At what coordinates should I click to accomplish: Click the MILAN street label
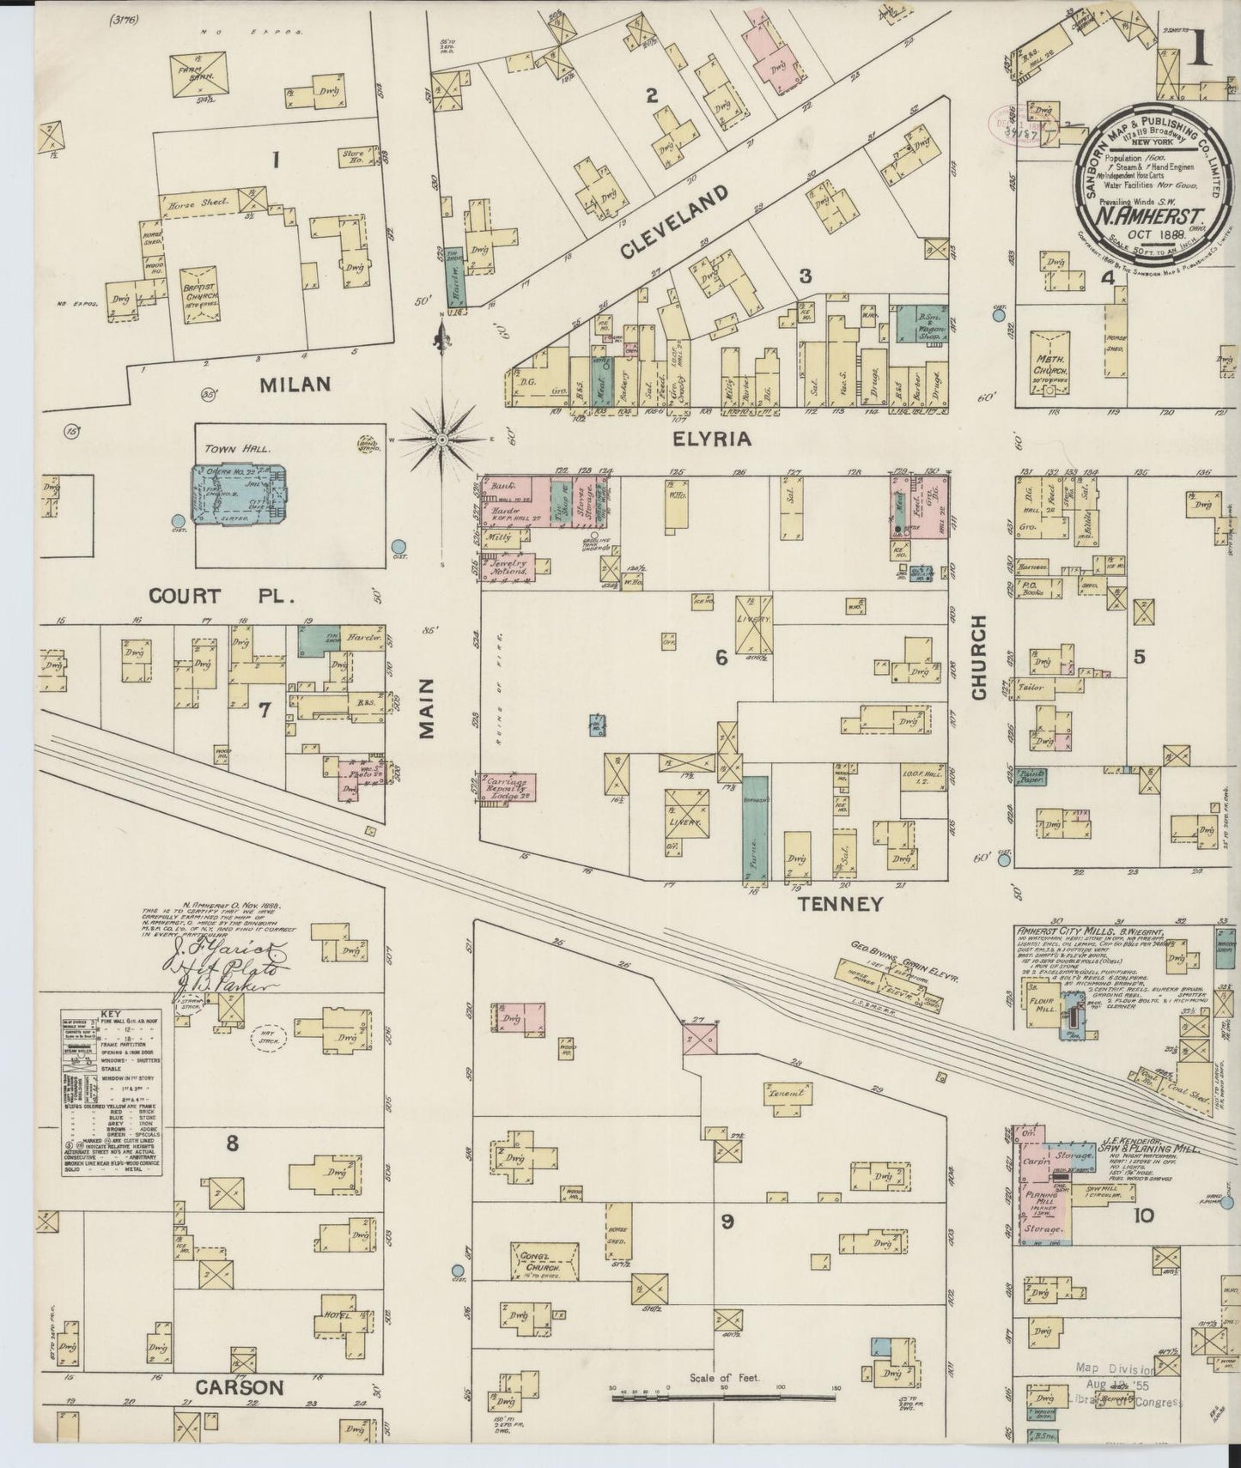tap(295, 384)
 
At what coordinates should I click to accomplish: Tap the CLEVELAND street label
tap(674, 221)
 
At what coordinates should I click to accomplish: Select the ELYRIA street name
tap(712, 439)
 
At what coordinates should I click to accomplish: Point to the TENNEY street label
tap(840, 903)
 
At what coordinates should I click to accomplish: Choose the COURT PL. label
tap(197, 595)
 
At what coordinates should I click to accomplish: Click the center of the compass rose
tap(441, 440)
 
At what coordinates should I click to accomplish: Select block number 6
tap(721, 658)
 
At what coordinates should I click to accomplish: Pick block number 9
tap(727, 1222)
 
